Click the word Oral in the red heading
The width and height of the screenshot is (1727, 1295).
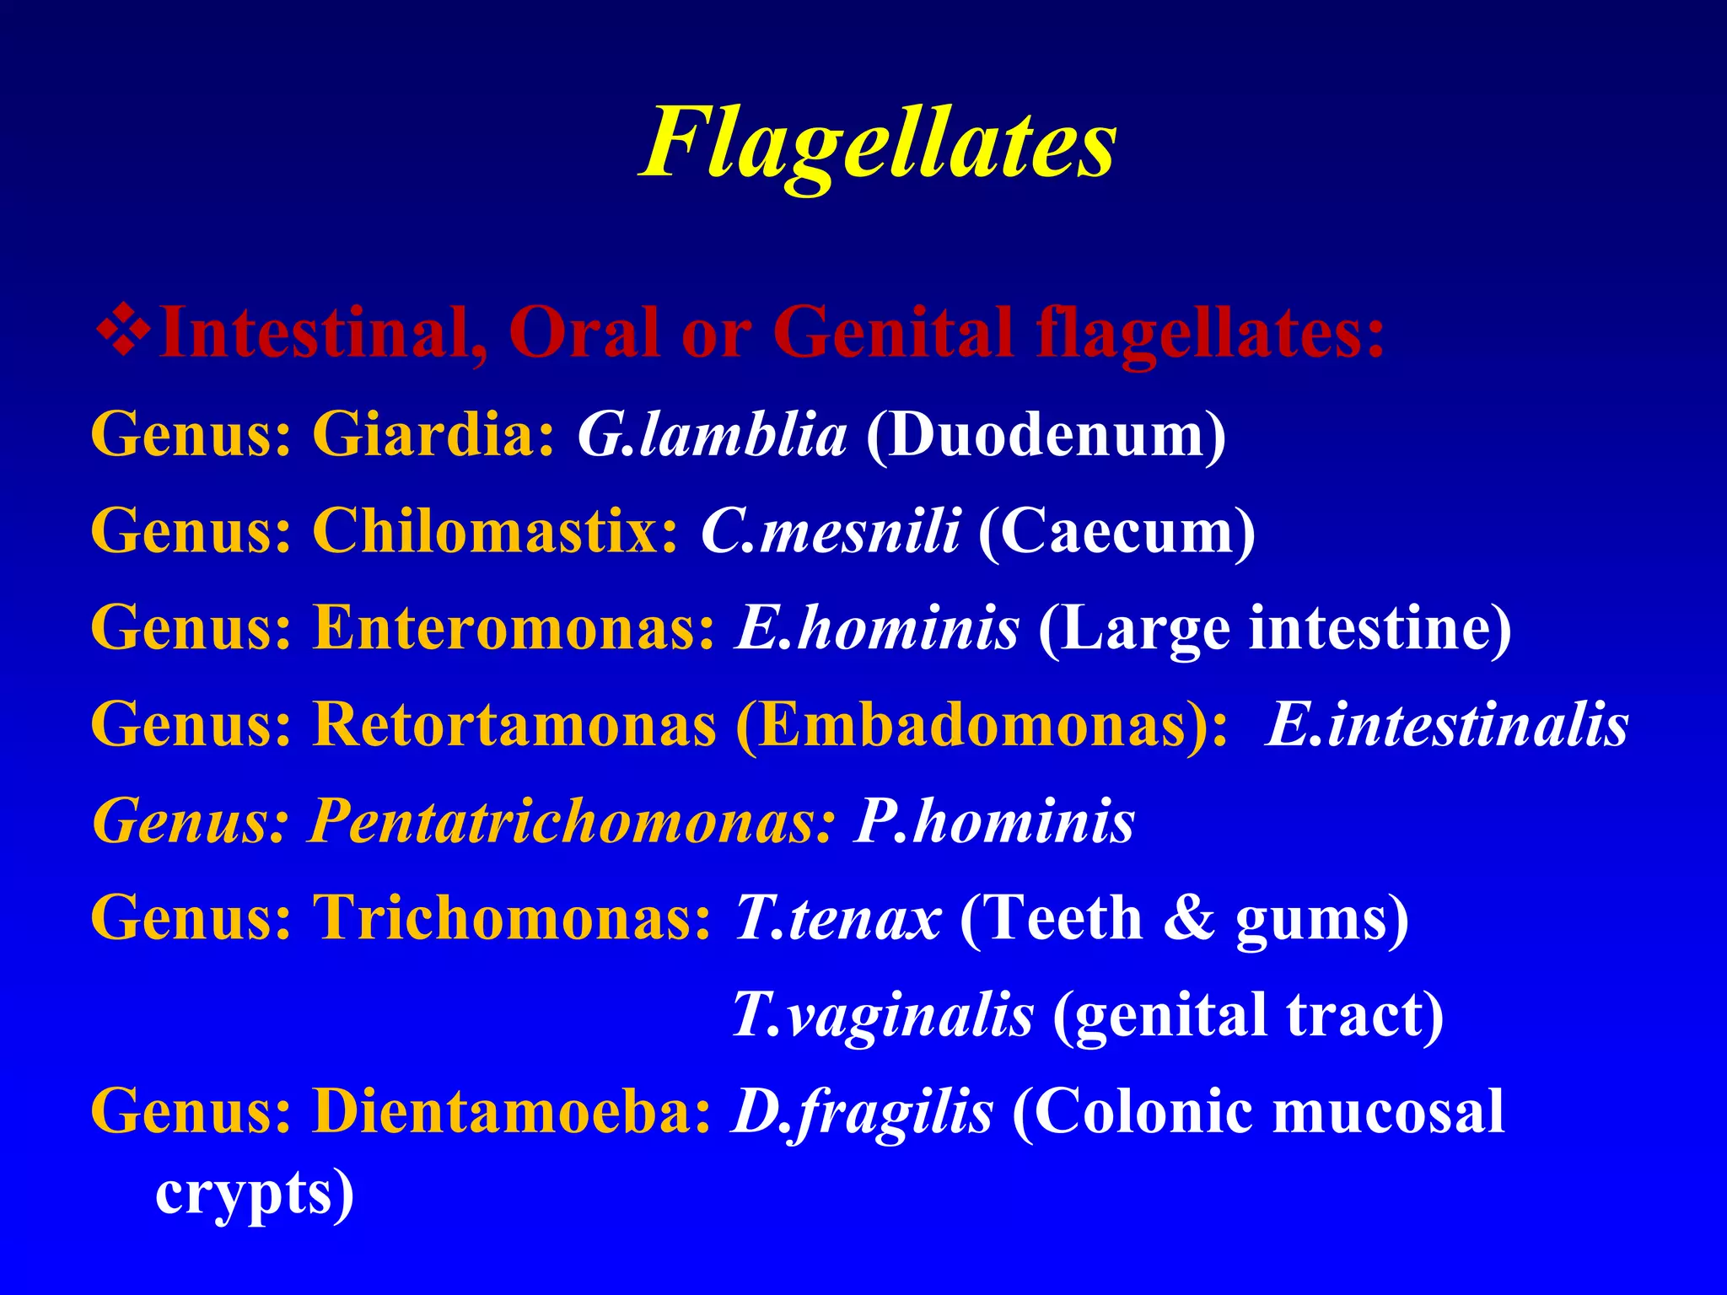point(584,333)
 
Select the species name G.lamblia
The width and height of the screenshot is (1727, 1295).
point(712,436)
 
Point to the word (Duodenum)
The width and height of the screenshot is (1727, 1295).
point(1046,436)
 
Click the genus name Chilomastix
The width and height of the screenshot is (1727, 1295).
point(495,532)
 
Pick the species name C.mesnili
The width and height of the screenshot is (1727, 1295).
point(830,532)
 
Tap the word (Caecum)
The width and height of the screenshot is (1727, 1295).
point(1116,532)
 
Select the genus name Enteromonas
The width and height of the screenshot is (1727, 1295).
point(514,629)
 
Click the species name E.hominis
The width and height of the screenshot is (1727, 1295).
point(877,629)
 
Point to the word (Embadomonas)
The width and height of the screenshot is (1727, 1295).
point(982,725)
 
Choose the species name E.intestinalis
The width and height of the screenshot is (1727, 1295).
point(1447,725)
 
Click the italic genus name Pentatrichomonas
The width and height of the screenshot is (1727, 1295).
point(571,821)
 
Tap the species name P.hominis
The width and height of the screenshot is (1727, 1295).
point(995,821)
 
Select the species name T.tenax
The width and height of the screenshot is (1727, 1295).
point(837,918)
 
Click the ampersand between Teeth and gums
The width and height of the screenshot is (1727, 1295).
point(1189,918)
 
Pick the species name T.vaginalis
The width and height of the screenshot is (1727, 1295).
point(882,1015)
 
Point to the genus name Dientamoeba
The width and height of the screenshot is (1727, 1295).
point(512,1111)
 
